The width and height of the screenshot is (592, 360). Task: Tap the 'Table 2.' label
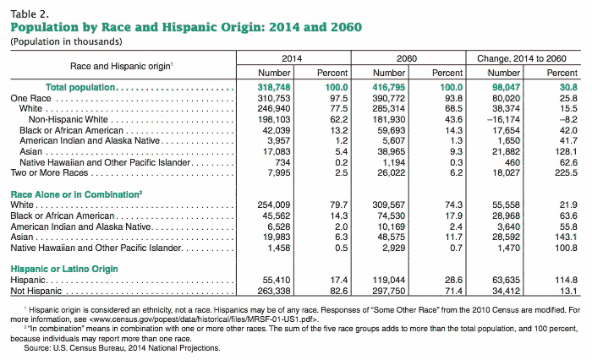(x=30, y=14)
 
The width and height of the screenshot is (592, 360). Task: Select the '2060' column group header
(x=407, y=58)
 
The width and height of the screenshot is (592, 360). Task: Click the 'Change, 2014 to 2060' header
(x=522, y=58)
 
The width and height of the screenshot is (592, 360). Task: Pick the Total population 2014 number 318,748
(x=274, y=87)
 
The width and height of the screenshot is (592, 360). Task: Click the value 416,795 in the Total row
(x=389, y=87)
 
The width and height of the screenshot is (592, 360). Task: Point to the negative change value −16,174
(x=503, y=120)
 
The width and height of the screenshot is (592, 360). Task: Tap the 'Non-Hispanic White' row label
(x=69, y=120)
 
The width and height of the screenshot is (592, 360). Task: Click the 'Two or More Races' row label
(x=49, y=173)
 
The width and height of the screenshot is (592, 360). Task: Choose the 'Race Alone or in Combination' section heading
(x=76, y=194)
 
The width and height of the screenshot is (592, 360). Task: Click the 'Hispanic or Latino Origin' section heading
(x=64, y=269)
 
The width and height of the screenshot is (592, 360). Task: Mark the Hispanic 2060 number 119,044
(x=389, y=280)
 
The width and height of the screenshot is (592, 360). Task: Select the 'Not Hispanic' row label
(x=36, y=291)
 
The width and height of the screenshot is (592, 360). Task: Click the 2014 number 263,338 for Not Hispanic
(x=274, y=291)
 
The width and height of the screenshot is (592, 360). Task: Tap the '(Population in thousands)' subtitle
(x=67, y=41)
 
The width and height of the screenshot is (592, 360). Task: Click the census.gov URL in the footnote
(x=205, y=319)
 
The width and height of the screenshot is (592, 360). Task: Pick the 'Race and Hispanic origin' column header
(x=122, y=66)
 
